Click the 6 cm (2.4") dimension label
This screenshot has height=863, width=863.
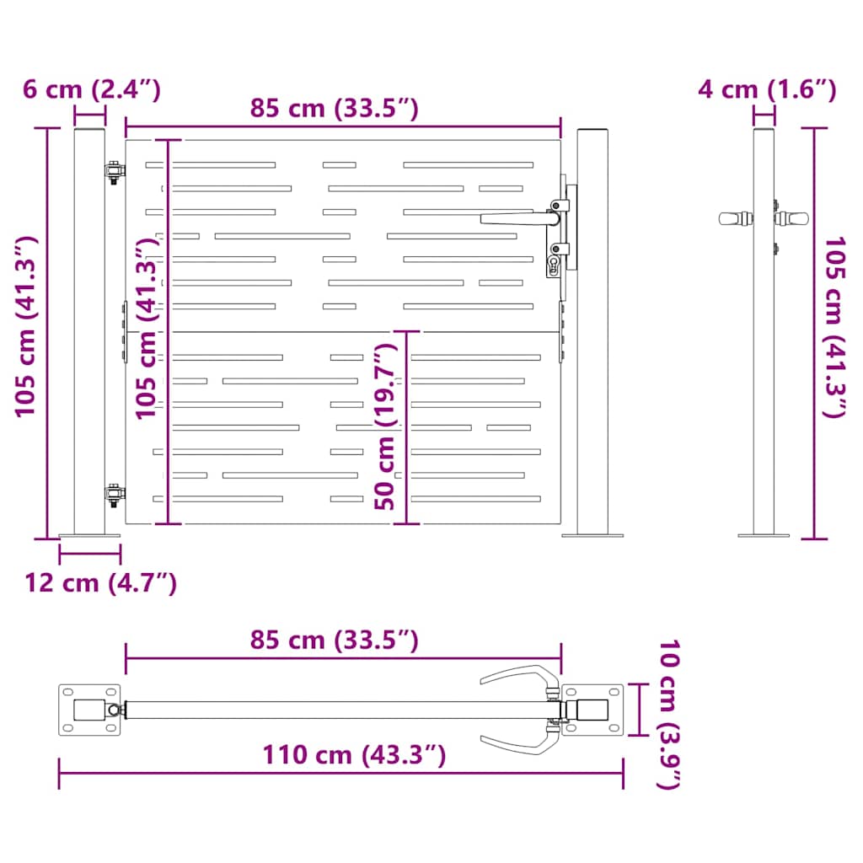[91, 89]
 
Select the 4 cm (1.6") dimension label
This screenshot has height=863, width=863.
[767, 89]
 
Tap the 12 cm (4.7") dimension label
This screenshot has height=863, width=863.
[101, 582]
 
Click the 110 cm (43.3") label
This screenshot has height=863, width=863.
[353, 754]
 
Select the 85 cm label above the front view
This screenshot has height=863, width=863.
[335, 108]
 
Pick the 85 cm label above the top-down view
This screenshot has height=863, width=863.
[335, 640]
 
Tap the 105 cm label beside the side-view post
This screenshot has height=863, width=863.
[834, 327]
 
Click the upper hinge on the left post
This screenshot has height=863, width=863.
[113, 171]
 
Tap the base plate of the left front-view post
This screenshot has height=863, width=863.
[90, 535]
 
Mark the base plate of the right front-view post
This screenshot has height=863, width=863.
[592, 534]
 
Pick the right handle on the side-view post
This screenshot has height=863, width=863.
[793, 218]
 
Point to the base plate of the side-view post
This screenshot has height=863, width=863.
[764, 534]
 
